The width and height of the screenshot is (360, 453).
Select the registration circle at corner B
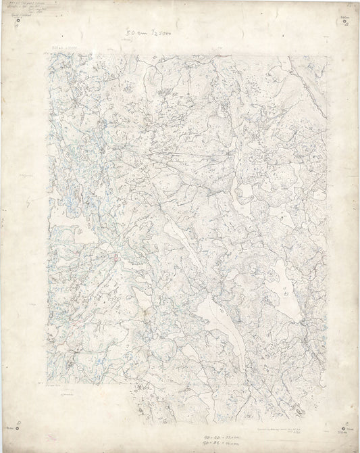[x=346, y=22]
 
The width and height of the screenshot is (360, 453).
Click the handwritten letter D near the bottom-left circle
[x=19, y=421]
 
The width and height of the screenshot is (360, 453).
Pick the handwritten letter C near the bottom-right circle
[x=345, y=421]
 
